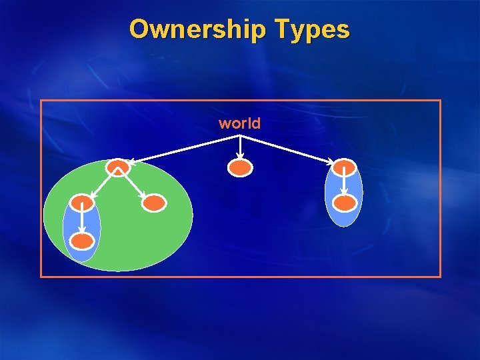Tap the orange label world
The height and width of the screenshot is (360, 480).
click(x=239, y=123)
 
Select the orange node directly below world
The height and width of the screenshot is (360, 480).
click(x=240, y=168)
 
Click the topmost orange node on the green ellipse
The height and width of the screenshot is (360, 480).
click(x=118, y=167)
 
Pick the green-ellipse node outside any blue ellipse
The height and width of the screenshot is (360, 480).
click(x=153, y=203)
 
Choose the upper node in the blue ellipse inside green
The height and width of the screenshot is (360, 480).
click(x=82, y=203)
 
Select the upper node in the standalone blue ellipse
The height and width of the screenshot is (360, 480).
click(x=344, y=167)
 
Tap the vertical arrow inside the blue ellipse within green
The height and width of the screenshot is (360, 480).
click(x=82, y=220)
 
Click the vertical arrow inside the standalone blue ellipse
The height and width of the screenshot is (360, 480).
click(x=344, y=184)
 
